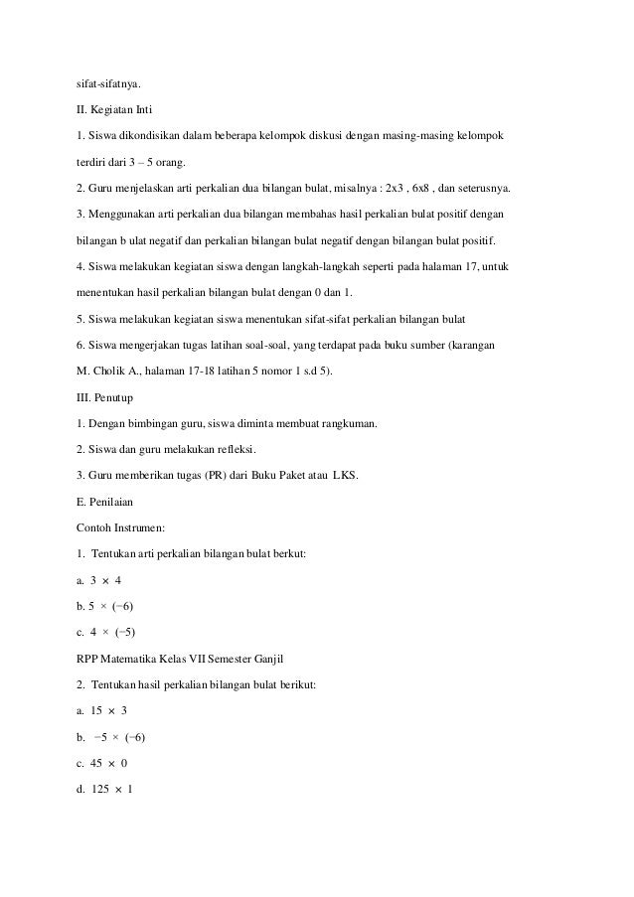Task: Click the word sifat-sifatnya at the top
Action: (x=110, y=72)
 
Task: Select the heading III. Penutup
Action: (x=106, y=398)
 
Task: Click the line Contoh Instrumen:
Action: (x=121, y=528)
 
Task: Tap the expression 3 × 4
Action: (x=105, y=579)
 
